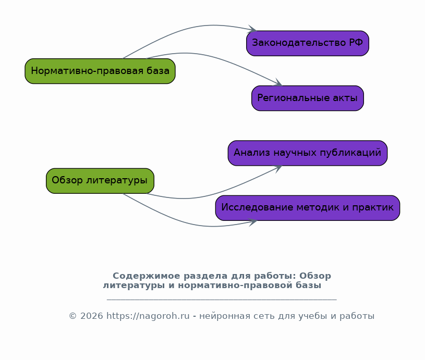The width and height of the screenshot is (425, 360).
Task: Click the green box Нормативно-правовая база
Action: [x=100, y=71]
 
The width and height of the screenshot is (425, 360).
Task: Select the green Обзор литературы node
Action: [x=100, y=181]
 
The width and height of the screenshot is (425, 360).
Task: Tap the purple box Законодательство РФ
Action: [x=308, y=43]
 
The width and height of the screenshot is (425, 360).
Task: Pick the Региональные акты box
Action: [x=308, y=98]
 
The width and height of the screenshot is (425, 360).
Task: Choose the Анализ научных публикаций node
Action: [x=308, y=153]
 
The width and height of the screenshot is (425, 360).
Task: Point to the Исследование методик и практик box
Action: [x=308, y=208]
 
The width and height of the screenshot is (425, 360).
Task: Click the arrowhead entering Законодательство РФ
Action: [x=252, y=29]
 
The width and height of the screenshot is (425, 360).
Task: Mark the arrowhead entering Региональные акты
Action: [x=278, y=82]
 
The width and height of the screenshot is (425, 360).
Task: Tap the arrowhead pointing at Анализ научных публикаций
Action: [x=278, y=169]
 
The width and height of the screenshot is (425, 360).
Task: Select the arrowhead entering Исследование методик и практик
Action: [x=252, y=222]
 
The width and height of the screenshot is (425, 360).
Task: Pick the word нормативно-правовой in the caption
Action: [x=235, y=285]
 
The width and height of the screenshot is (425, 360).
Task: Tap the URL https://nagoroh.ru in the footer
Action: [x=148, y=316]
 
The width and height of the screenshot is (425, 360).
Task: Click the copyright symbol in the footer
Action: [x=73, y=316]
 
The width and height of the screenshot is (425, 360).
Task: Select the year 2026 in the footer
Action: [x=92, y=316]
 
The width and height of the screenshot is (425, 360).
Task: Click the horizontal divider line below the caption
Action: [x=222, y=300]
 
